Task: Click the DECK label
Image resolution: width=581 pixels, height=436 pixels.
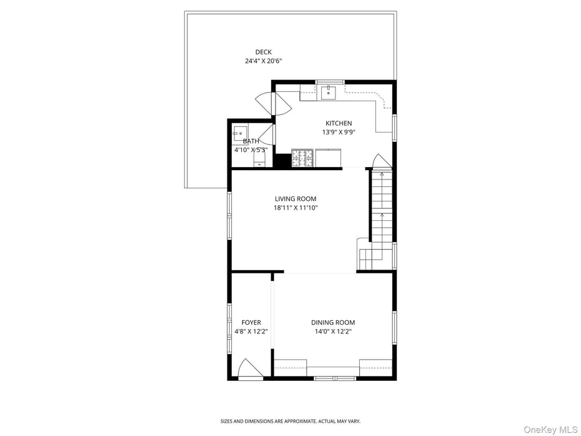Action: tap(263, 52)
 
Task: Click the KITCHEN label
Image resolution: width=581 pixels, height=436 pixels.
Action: tap(339, 123)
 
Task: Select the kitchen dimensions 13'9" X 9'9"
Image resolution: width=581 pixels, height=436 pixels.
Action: tap(339, 132)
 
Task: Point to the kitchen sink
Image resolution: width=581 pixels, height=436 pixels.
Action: tap(328, 93)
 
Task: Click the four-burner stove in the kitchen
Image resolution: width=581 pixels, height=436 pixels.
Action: tap(302, 158)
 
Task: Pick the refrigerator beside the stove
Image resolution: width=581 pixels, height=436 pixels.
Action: tap(329, 158)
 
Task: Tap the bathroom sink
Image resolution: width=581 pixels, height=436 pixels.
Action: tap(240, 133)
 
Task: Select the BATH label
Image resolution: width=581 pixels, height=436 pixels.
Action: tap(251, 141)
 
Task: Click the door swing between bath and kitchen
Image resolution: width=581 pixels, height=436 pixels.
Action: tap(267, 134)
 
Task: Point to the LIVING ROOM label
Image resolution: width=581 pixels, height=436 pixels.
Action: tap(295, 199)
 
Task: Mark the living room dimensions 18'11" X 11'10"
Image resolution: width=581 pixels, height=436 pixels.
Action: tap(295, 208)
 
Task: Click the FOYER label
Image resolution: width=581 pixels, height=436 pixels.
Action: tap(251, 323)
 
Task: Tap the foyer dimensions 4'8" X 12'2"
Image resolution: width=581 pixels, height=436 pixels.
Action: tap(251, 332)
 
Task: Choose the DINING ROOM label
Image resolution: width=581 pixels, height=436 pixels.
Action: tap(333, 323)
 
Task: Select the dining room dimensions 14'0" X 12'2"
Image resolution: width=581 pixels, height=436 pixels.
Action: tap(333, 332)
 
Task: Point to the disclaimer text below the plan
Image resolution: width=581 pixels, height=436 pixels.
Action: tap(290, 421)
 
